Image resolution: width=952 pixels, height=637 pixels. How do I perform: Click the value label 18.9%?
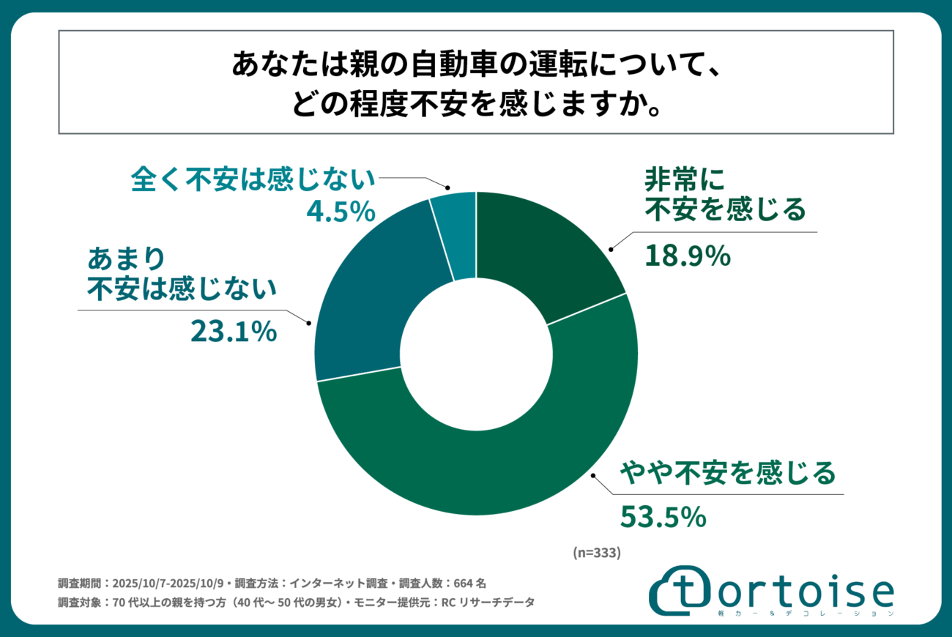coord(688,256)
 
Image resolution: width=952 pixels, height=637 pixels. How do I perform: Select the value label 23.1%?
coord(234,332)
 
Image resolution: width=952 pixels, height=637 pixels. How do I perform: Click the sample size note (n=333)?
coord(596,554)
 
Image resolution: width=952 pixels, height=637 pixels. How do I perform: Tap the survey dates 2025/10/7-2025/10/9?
coord(170,584)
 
